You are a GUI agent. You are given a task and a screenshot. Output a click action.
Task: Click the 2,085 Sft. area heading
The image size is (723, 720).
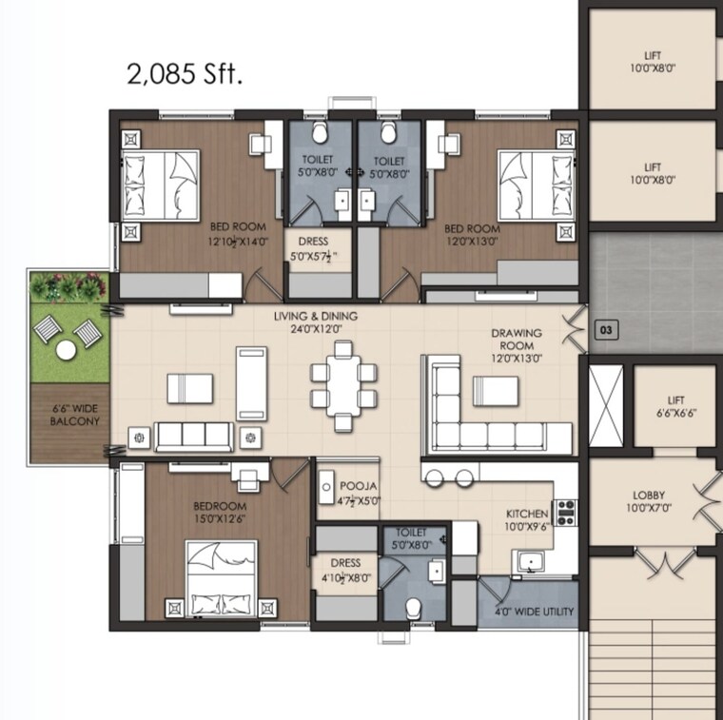point(185,73)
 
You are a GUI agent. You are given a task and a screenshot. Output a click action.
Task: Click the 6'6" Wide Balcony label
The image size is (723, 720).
point(75,415)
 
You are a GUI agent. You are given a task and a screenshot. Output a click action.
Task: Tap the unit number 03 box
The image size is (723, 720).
point(605,330)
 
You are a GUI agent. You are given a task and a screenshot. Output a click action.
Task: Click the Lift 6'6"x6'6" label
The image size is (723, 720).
point(675,406)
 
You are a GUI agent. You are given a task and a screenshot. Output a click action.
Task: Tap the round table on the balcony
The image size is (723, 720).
point(66,350)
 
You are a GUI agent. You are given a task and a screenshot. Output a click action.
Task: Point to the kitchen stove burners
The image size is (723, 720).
point(566,512)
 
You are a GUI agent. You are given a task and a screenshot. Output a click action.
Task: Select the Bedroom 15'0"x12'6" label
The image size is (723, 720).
point(220,512)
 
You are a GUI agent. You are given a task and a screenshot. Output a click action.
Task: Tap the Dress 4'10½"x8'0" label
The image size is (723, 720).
point(345,570)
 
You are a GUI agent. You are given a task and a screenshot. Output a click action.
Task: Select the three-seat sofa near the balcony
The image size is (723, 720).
point(194,437)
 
